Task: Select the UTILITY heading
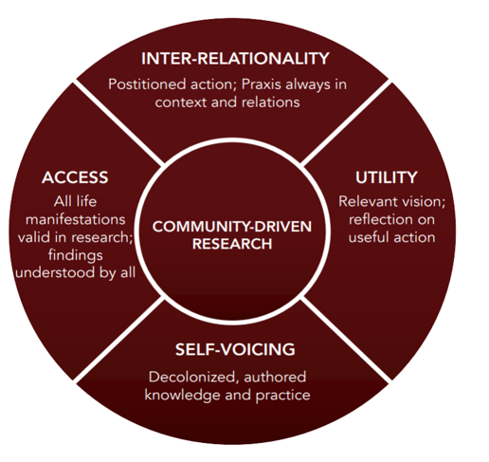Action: pyautogui.click(x=386, y=177)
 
